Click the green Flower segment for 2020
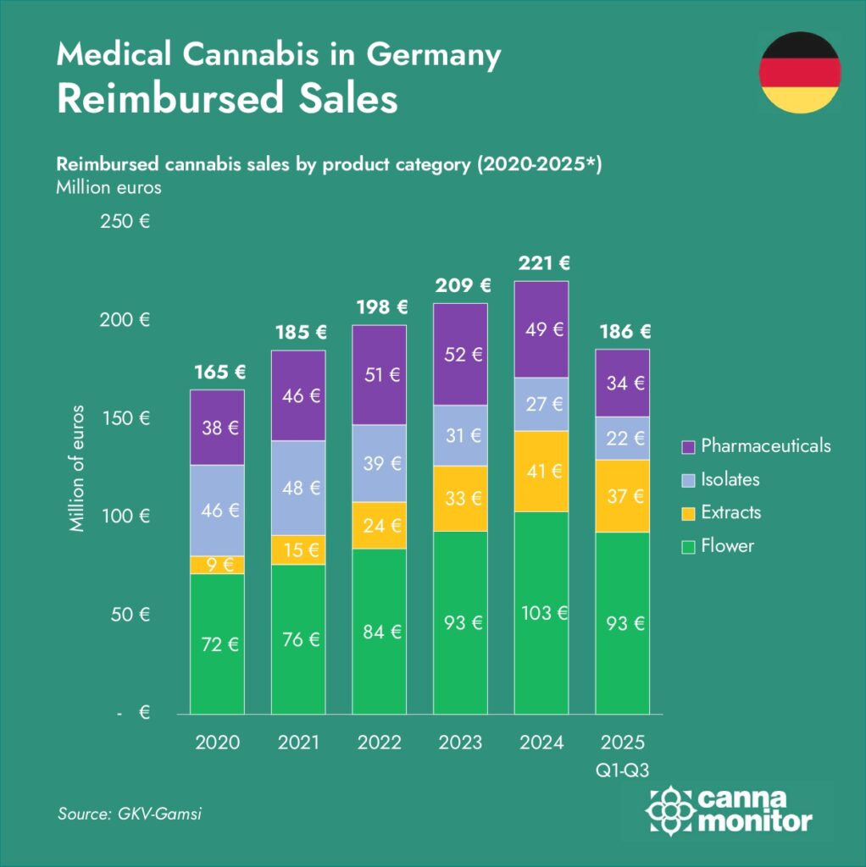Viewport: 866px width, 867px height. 217,643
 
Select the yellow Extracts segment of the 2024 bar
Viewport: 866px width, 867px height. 541,472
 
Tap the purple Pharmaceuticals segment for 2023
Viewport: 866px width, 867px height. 460,354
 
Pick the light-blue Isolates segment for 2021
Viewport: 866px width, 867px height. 298,488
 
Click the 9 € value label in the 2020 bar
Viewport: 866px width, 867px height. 217,565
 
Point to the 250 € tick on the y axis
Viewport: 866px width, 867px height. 125,223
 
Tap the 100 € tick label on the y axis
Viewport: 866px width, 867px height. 125,516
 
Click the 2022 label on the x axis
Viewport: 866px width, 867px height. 380,743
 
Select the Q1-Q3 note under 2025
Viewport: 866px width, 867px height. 623,768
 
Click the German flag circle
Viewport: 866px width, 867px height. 799,72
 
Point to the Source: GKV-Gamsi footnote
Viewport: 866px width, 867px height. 130,814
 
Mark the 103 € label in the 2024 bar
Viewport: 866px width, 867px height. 541,612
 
